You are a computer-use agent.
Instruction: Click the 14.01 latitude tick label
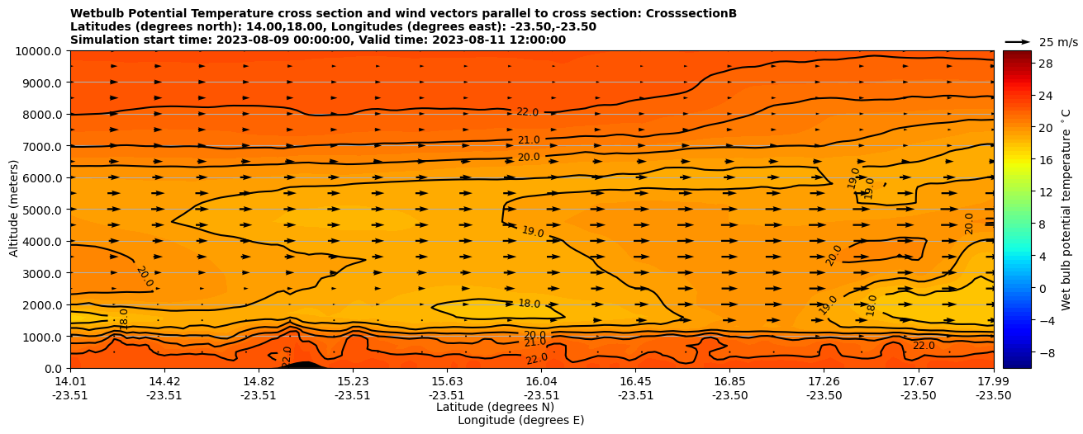pyautogui.click(x=70, y=381)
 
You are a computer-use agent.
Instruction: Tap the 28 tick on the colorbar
pyautogui.click(x=1046, y=64)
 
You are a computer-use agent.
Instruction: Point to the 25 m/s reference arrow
pyautogui.click(x=1017, y=42)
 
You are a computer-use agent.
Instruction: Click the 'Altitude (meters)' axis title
pyautogui.click(x=14, y=210)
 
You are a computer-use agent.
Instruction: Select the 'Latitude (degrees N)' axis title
pyautogui.click(x=495, y=407)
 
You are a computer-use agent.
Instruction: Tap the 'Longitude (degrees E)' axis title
pyautogui.click(x=520, y=420)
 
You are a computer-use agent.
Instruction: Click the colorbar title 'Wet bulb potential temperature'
pyautogui.click(x=1066, y=210)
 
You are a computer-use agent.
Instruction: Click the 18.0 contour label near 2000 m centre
pyautogui.click(x=529, y=304)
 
